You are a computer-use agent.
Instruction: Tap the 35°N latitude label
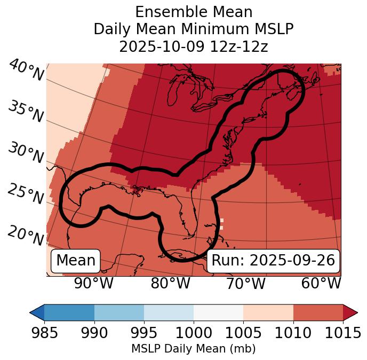pos(26,112)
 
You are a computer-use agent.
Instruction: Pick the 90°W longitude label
pos(94,284)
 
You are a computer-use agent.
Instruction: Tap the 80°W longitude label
pos(170,284)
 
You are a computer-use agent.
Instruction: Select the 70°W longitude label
pos(245,284)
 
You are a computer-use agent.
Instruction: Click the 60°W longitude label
pos(321,284)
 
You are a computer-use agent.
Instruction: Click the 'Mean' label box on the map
pos(76,261)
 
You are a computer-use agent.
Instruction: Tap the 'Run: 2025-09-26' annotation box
pos(273,261)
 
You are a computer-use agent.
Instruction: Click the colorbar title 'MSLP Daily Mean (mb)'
pos(194,349)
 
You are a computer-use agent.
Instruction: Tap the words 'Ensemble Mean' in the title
pos(194,12)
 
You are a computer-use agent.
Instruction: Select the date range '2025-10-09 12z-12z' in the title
pos(194,46)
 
